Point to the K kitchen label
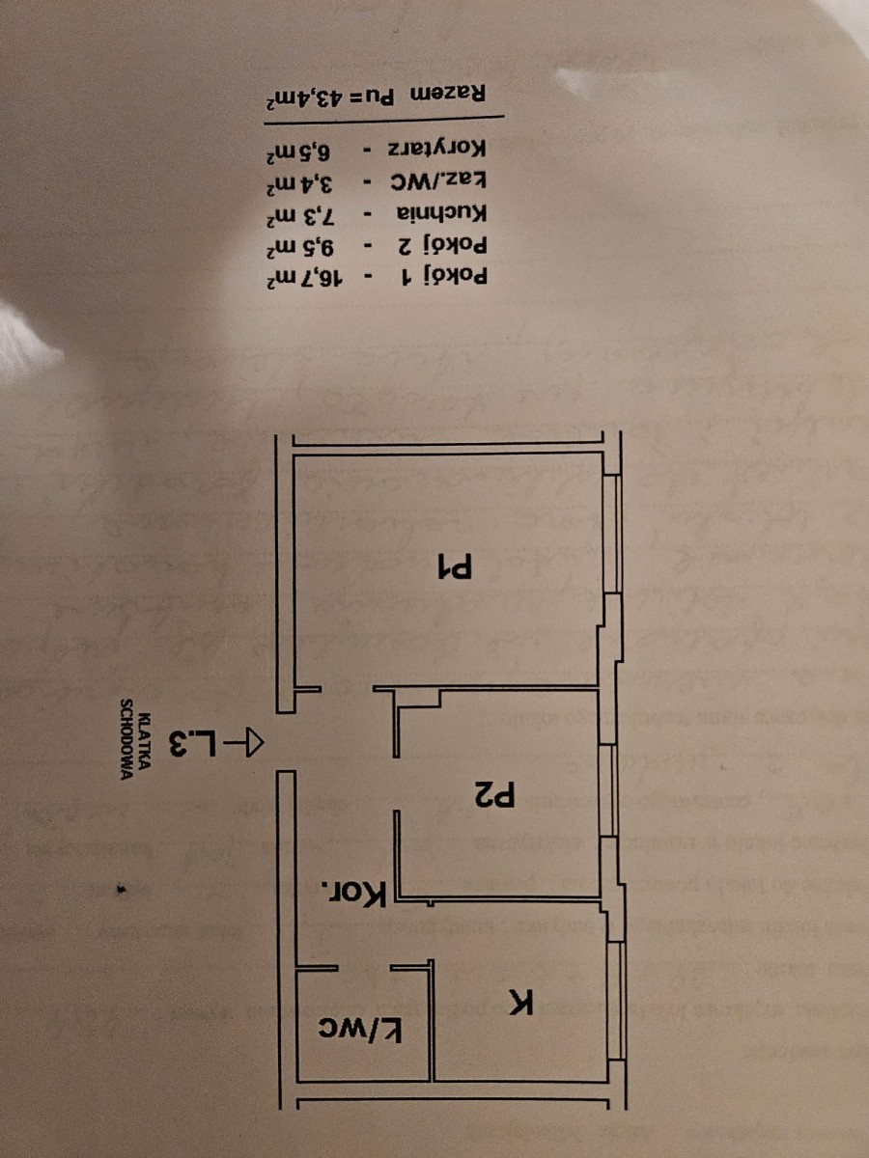click(521, 1004)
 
